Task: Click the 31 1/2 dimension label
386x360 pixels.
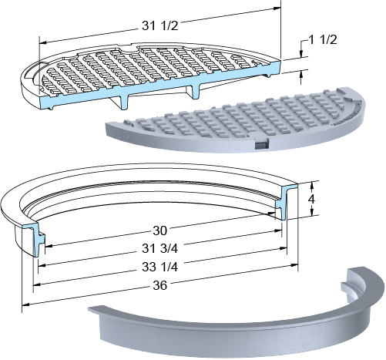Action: point(159,25)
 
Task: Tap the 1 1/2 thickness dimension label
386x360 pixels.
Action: point(323,39)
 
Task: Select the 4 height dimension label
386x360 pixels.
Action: point(311,199)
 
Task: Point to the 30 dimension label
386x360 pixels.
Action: point(159,230)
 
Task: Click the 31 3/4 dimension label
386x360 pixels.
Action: point(159,248)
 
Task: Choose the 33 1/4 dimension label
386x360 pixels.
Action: point(159,267)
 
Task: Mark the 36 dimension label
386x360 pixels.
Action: point(159,285)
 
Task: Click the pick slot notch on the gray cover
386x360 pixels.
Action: point(261,143)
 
